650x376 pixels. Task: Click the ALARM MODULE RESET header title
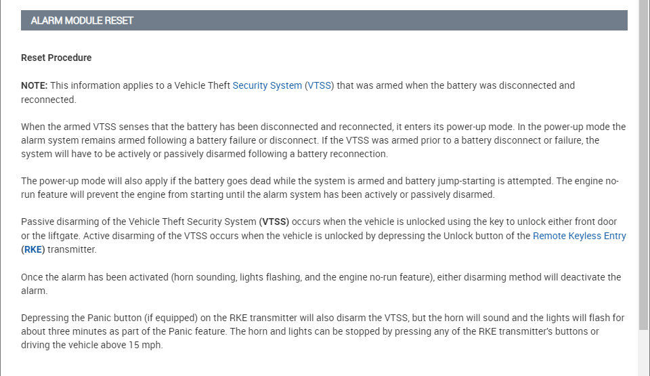pyautogui.click(x=82, y=20)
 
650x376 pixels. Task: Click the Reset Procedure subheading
pyautogui.click(x=56, y=58)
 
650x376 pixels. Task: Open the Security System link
pyautogui.click(x=267, y=85)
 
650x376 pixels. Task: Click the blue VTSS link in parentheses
pyautogui.click(x=319, y=85)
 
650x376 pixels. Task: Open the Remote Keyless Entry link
pyautogui.click(x=579, y=236)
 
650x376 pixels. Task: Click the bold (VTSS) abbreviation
pyautogui.click(x=274, y=222)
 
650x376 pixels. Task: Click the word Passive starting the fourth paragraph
pyautogui.click(x=37, y=222)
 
